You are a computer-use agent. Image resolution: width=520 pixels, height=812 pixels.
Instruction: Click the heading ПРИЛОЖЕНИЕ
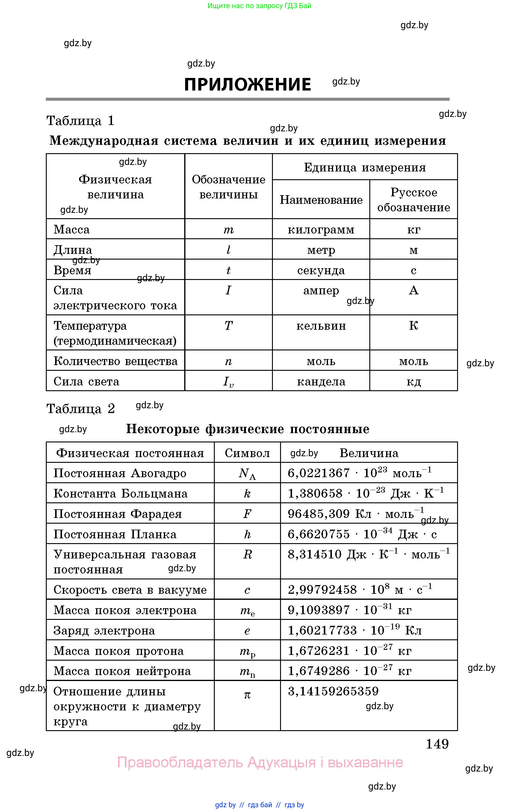pos(247,85)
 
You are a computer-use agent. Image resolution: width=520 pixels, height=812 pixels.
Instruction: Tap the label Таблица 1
pos(80,120)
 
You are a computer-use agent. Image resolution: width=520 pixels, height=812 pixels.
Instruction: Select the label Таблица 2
pos(80,409)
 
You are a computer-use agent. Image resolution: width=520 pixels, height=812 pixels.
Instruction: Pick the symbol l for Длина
pos(228,250)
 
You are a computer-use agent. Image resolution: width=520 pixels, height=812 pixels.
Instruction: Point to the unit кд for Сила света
pos(413,382)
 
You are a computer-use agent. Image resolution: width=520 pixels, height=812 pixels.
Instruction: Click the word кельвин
pos(321,326)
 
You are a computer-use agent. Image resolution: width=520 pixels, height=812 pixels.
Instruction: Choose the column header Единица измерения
pos(365,167)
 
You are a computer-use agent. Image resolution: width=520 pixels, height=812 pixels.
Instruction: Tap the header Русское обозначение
pos(413,200)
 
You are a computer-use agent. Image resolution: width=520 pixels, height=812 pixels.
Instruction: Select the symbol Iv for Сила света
pos(228,382)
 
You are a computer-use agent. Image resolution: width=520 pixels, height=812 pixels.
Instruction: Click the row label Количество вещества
pos(116,361)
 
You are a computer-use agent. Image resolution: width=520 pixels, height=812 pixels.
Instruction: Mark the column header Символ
pos(247,453)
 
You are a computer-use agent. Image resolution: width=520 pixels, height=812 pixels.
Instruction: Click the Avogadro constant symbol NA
pos(247,473)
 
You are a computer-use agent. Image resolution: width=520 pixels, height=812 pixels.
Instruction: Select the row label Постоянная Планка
pos(115,534)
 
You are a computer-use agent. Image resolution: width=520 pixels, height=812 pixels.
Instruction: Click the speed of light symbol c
pos(247,590)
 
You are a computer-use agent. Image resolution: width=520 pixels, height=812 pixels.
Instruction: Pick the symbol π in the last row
pos(247,695)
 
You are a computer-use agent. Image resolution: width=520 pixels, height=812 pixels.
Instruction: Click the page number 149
pos(437,744)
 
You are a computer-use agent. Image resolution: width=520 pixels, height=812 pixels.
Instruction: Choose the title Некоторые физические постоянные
pos(247,429)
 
